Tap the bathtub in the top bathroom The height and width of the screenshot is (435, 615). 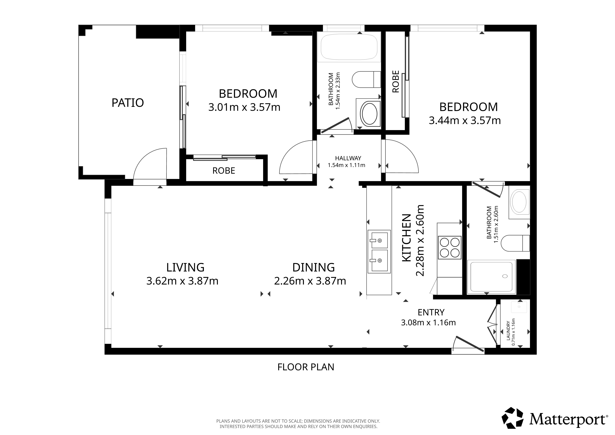point(349,47)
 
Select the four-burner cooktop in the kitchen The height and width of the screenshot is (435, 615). point(450,247)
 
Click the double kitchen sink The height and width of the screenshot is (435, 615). point(379,251)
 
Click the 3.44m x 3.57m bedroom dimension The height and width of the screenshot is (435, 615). point(465,121)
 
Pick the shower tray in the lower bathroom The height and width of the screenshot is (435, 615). point(491,277)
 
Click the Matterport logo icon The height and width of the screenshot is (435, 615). point(512,418)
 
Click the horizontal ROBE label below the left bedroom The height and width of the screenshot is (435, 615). point(224,171)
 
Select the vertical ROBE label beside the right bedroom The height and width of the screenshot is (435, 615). point(396,81)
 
